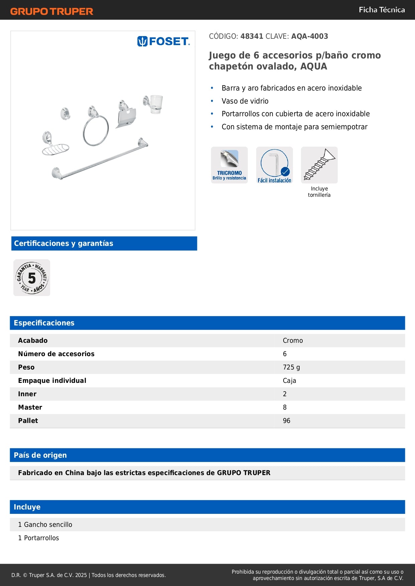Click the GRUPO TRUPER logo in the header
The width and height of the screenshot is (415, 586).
[51, 11]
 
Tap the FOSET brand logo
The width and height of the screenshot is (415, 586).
[163, 41]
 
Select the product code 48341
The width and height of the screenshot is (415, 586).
[252, 36]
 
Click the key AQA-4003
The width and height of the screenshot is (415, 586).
[309, 36]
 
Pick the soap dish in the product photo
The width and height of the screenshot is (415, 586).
[56, 149]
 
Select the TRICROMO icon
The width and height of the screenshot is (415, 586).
[229, 165]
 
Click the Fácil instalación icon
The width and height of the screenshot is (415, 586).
[274, 165]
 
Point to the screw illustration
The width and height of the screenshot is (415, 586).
[319, 165]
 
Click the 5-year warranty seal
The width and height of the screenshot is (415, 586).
[32, 278]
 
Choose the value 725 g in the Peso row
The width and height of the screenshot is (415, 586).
[291, 367]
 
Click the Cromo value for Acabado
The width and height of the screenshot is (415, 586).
[293, 340]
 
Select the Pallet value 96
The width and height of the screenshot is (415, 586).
[287, 421]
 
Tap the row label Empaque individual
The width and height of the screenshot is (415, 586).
[52, 381]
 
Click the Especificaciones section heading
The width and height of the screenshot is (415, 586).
[44, 323]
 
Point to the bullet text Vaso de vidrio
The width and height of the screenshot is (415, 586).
[245, 101]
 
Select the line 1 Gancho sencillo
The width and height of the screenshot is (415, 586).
[45, 525]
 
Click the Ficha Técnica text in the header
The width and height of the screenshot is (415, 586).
[382, 10]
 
